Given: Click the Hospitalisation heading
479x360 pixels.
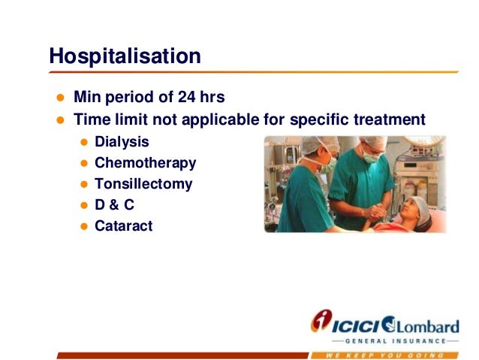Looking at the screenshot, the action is [125, 56].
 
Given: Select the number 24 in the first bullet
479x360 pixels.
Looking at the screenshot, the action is [187, 97].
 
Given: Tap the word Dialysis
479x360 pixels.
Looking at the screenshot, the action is [122, 142].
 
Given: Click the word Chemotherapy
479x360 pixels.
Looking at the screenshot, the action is [146, 163].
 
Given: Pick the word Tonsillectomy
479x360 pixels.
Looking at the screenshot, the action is [143, 184].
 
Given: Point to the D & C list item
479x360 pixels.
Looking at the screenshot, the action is [115, 205].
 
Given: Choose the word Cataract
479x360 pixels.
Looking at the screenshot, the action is [124, 226].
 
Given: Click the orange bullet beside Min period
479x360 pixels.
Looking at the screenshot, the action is [61, 98].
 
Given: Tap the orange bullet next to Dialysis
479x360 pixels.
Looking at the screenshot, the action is [84, 142].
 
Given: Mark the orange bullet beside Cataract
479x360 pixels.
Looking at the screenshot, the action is [84, 226].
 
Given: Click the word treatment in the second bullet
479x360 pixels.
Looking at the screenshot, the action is [390, 119].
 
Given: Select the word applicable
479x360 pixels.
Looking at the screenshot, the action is [221, 120].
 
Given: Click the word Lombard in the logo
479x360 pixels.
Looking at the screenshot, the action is [427, 327].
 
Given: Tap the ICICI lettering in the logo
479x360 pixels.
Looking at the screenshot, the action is [356, 326].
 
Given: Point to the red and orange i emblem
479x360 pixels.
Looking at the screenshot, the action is [321, 320].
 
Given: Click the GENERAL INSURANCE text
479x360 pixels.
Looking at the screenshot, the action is [396, 341].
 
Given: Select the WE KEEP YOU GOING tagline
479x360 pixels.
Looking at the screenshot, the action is [384, 355].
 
